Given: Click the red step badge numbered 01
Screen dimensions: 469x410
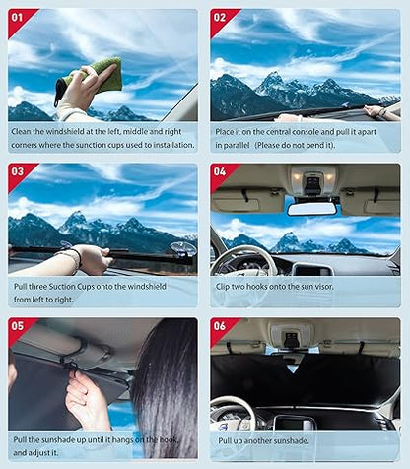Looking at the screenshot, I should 19,19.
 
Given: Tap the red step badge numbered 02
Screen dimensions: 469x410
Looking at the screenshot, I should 221,19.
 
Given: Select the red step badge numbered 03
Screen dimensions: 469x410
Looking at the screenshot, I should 19,173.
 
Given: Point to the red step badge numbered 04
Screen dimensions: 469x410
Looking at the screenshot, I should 221,173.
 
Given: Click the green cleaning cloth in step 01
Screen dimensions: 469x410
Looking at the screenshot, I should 102,73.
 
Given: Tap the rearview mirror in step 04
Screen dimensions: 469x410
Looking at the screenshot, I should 311,208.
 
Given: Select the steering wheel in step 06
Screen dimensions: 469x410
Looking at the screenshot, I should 235,415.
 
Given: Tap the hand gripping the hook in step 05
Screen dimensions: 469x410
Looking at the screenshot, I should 88,394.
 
